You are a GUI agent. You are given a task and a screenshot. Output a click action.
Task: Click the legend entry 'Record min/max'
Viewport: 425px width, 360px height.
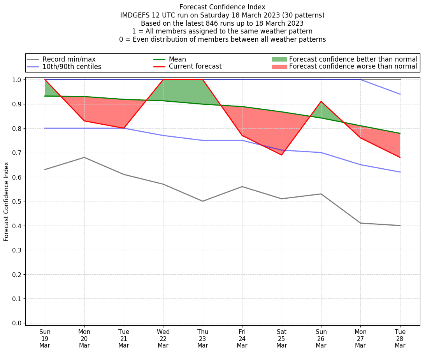[x=68, y=59]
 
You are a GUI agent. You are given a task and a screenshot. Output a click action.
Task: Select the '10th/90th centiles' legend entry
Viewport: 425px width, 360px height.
[x=72, y=67]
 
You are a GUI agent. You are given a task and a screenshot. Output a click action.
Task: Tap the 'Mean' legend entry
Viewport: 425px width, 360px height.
[x=177, y=59]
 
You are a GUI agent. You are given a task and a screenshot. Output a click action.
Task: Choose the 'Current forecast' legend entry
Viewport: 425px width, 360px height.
[x=195, y=67]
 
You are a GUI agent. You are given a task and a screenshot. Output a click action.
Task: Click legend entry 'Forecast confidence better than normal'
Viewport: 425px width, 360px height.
[x=353, y=59]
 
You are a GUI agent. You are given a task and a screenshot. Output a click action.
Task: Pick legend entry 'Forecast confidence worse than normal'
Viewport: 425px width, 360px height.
[x=353, y=67]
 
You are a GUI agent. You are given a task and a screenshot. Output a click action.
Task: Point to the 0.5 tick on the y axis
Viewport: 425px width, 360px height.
[x=18, y=201]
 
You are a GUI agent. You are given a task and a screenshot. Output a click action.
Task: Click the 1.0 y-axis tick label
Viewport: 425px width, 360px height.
[x=18, y=79]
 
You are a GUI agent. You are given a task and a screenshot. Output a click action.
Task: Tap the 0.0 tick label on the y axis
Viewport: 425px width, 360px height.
[x=18, y=323]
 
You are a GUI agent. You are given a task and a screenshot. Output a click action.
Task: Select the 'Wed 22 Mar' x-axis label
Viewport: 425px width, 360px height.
[x=163, y=339]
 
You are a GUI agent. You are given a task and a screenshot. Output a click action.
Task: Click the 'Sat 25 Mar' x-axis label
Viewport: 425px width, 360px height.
[x=281, y=339]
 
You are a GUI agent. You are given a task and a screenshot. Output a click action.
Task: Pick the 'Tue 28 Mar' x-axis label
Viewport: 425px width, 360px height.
[x=400, y=339]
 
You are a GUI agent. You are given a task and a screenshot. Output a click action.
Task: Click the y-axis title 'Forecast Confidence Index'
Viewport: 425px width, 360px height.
[x=7, y=201]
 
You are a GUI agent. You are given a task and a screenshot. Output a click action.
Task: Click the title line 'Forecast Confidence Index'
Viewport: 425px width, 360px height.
[x=222, y=7]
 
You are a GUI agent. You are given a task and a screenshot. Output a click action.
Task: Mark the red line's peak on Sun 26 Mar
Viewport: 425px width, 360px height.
[x=321, y=102]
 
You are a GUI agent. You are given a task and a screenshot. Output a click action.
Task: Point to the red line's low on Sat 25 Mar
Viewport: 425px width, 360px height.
[x=281, y=155]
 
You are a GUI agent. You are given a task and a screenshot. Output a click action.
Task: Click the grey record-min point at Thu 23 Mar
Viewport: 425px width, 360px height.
[x=203, y=201]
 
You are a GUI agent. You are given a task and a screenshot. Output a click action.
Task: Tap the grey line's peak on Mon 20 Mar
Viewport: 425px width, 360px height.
[x=84, y=157]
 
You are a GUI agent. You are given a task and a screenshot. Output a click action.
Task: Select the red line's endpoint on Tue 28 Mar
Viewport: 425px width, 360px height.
[x=400, y=157]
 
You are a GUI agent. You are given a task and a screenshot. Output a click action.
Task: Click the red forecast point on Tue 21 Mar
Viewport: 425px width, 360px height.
[x=124, y=128]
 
